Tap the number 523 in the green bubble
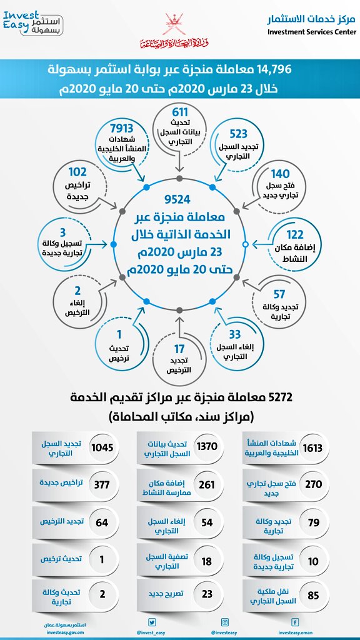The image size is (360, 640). pos(238,133)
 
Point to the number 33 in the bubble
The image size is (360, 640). pos(234,334)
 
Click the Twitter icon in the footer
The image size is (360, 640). pos(151,622)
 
